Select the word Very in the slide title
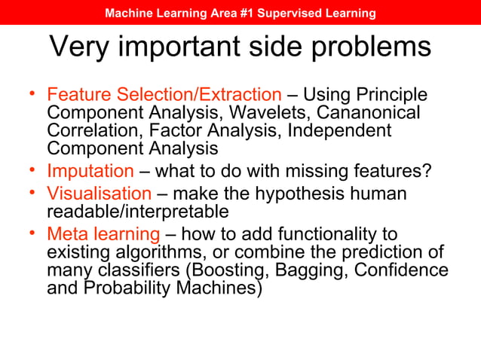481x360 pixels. click(x=80, y=47)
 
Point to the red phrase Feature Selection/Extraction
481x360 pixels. click(x=164, y=95)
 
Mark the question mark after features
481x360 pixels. click(x=427, y=171)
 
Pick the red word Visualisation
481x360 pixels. click(x=99, y=194)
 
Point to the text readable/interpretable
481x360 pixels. click(x=137, y=212)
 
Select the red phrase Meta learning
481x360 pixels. click(x=103, y=234)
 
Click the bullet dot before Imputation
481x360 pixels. click(x=33, y=169)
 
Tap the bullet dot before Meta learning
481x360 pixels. click(x=33, y=232)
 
